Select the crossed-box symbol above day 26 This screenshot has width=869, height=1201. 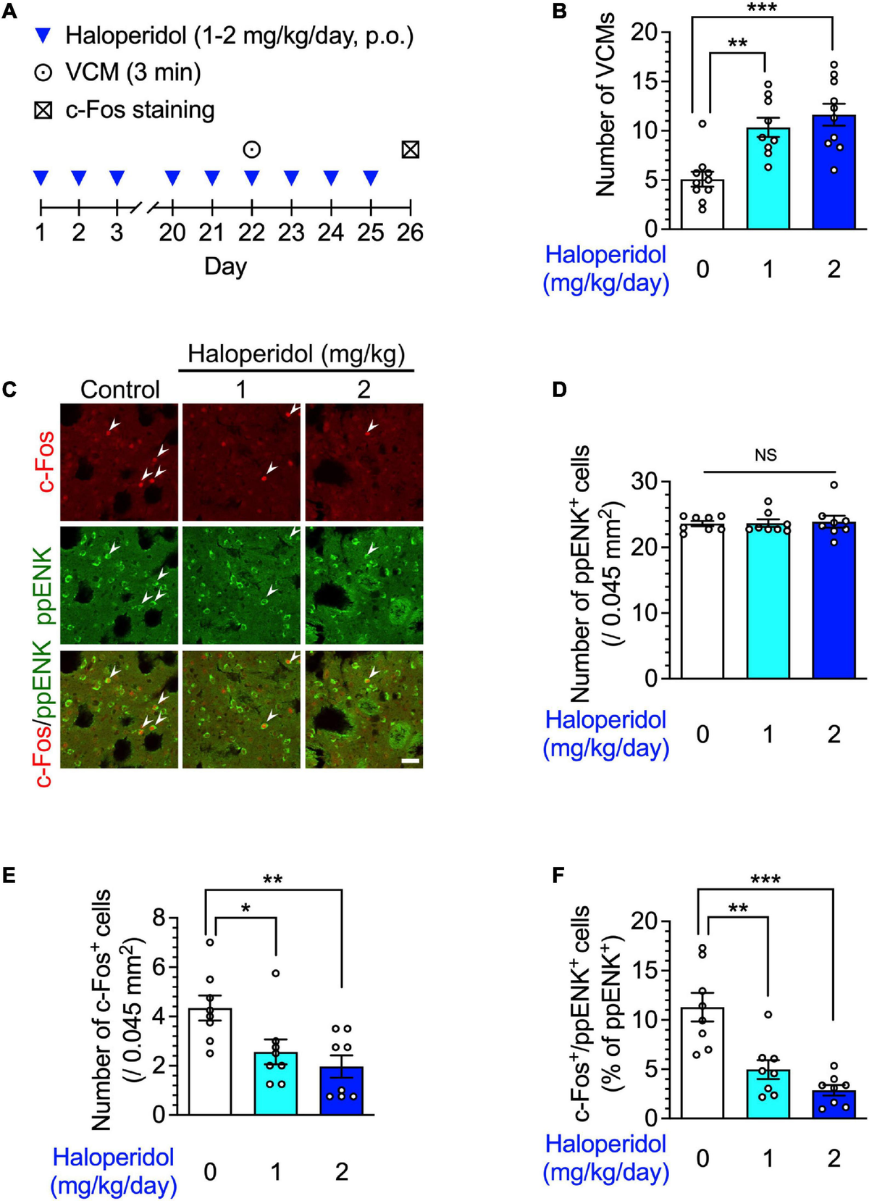[x=410, y=150]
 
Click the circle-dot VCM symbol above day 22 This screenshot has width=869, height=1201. [x=251, y=150]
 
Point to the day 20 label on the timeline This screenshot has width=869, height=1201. [x=172, y=233]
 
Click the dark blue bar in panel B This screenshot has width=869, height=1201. [x=834, y=174]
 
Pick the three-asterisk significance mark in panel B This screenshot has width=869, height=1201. [x=762, y=9]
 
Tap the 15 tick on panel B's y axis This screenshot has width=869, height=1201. [x=645, y=82]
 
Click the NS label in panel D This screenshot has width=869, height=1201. [x=765, y=455]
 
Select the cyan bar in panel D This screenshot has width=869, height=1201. [x=768, y=601]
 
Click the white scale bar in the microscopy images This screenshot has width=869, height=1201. [x=410, y=761]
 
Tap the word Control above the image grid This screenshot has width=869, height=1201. [x=120, y=390]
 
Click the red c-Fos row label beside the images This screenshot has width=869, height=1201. [x=46, y=461]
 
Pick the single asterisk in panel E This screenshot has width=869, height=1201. [x=245, y=908]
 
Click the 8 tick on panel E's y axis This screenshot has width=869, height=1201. [x=159, y=918]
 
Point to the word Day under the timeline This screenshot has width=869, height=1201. [x=225, y=267]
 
